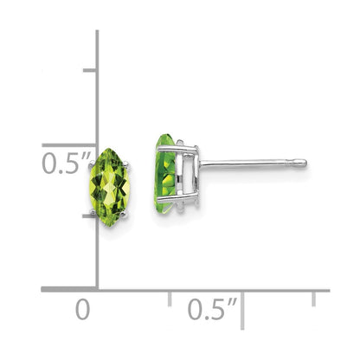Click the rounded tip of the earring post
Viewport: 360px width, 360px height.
(300, 161)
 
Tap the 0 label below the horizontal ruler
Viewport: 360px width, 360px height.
(82, 309)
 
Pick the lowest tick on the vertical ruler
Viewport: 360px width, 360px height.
(89, 217)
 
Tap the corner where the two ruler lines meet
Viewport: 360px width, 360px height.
(96, 290)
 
